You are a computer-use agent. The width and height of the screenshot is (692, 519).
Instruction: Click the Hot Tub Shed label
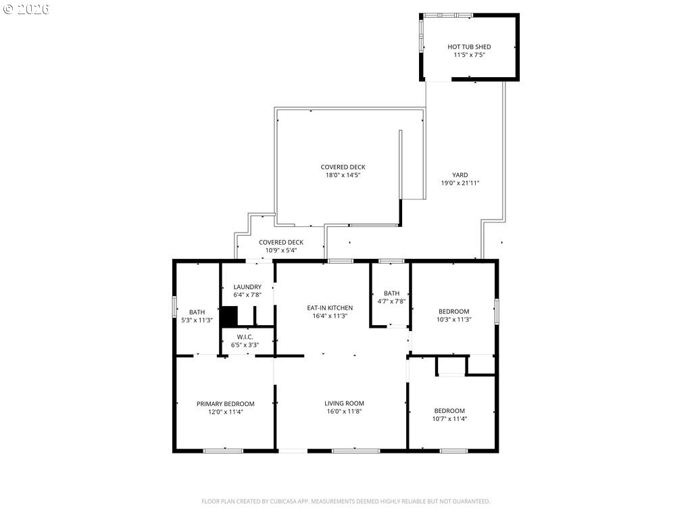469,47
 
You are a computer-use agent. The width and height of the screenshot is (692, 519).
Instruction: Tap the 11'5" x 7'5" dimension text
469,55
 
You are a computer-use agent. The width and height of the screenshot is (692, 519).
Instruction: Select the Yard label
460,175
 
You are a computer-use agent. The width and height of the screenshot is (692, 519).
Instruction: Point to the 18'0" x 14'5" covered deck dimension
343,175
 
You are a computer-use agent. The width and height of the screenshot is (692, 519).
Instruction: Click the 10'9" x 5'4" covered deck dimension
281,250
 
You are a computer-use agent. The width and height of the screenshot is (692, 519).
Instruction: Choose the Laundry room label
247,287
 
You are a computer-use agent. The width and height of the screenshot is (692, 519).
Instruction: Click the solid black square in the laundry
229,317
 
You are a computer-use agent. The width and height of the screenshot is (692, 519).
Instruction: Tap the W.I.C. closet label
245,337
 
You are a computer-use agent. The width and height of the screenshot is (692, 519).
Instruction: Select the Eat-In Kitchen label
330,308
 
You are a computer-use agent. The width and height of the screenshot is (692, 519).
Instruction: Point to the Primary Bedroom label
226,404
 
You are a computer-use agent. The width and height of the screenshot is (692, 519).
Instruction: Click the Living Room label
344,403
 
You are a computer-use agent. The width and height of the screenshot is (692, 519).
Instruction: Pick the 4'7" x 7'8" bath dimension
391,301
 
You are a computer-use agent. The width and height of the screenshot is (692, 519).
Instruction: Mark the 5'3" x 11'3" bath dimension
197,320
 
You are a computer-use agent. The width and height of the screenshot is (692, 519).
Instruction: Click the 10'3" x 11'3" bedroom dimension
453,320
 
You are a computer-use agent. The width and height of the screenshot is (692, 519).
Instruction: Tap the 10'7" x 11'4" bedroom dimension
449,419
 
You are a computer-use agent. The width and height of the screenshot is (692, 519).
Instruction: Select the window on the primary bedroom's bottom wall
223,451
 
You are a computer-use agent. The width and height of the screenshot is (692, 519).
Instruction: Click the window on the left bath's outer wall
174,307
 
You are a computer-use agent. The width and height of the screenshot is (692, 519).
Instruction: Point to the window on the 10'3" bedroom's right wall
497,312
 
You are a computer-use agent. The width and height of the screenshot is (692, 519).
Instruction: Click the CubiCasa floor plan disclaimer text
345,501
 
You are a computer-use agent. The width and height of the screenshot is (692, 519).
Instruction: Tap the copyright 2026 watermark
26,9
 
